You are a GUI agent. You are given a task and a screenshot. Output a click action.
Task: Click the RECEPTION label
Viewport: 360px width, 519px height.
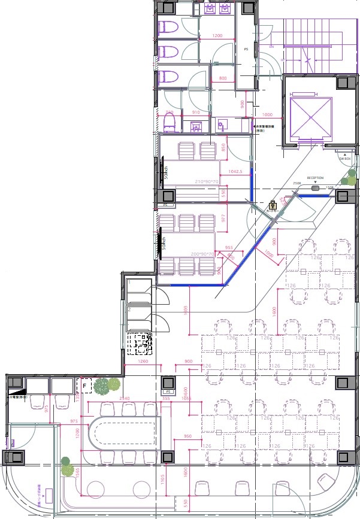coord(315,178)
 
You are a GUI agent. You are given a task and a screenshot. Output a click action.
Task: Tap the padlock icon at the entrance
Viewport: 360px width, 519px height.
coord(272,204)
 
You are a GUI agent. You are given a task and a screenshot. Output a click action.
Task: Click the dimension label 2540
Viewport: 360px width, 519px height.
coord(125,398)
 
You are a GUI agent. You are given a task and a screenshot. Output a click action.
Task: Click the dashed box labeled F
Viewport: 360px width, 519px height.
coord(84,386)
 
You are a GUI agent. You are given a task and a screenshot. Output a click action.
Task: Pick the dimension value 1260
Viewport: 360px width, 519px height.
coord(143,361)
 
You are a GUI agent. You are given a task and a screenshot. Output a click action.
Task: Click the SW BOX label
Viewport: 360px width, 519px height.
coord(344,158)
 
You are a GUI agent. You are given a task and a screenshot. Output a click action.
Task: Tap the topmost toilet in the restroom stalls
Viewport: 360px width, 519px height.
coord(169,28)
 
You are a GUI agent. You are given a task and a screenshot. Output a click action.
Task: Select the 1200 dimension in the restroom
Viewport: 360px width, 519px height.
coord(217,36)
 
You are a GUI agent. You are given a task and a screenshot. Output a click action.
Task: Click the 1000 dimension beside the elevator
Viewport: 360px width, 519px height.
coord(267,114)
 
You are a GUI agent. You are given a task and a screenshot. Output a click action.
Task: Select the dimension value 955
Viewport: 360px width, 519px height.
coord(228,247)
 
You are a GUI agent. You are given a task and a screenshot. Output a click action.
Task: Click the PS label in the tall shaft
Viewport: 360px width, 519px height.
coord(246,49)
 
